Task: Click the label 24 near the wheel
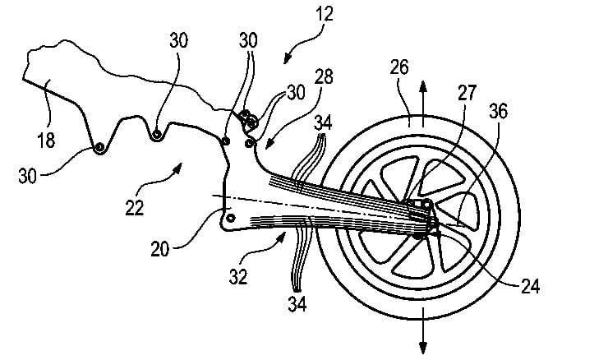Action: click(530, 288)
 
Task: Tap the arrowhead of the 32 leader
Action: click(285, 237)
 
